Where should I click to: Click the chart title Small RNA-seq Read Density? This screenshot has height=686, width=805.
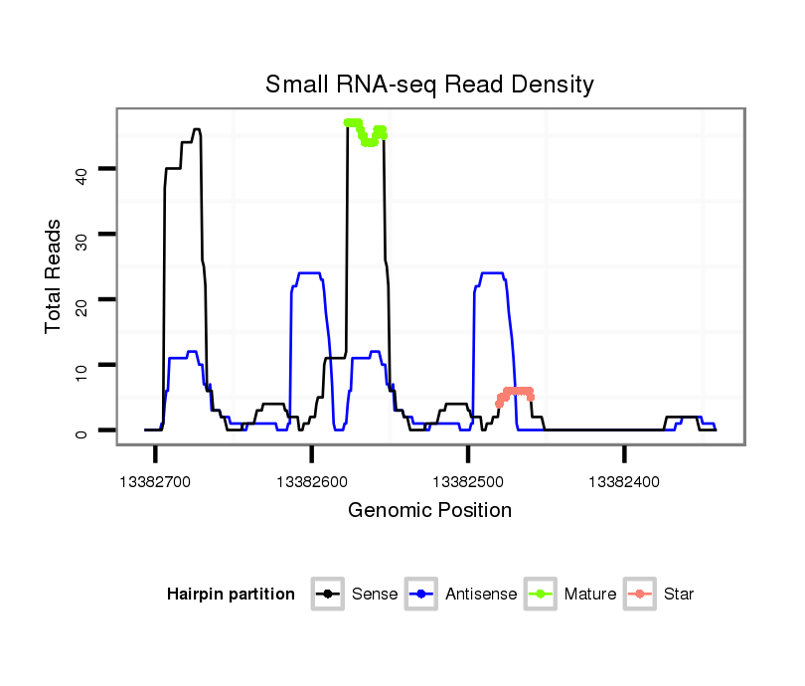point(429,85)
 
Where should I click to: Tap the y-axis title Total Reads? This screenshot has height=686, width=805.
point(56,275)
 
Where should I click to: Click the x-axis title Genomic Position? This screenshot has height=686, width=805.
point(429,511)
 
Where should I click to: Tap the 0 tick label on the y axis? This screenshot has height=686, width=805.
point(82,431)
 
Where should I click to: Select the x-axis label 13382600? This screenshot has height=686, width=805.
point(311,481)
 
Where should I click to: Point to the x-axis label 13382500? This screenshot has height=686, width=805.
point(467,481)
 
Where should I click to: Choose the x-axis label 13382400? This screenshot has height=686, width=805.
point(624,481)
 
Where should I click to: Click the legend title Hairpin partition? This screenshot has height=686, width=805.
point(231,595)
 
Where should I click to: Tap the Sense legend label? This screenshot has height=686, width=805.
point(375,595)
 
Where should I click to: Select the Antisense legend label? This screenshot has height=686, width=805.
point(481,595)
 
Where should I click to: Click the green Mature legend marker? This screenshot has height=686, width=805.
point(542,595)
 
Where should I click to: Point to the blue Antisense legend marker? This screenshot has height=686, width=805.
point(422,595)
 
